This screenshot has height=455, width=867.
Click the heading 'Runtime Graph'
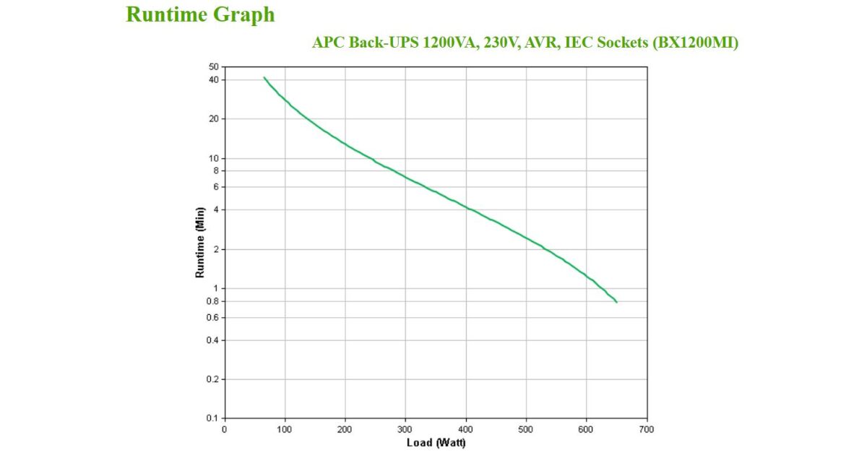(200, 14)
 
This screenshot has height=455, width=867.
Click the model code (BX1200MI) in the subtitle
(695, 43)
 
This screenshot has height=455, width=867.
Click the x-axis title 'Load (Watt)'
(436, 442)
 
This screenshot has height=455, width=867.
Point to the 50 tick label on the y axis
(214, 67)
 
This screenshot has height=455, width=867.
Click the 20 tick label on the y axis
(214, 118)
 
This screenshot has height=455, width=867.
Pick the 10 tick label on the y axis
(214, 158)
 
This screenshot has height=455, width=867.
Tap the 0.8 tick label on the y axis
(212, 301)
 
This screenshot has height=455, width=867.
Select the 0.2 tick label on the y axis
(212, 379)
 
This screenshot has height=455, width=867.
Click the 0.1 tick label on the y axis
(212, 419)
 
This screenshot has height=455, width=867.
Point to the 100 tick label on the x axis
(285, 429)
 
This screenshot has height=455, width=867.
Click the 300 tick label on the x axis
(405, 429)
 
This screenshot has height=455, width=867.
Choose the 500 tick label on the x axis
(526, 429)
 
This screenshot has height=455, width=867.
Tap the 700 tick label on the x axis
(647, 429)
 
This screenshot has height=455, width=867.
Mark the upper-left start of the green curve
(264, 77)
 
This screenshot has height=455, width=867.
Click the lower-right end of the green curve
(616, 302)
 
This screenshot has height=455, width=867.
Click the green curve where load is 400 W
(466, 208)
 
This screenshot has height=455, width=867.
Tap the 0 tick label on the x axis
(224, 429)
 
